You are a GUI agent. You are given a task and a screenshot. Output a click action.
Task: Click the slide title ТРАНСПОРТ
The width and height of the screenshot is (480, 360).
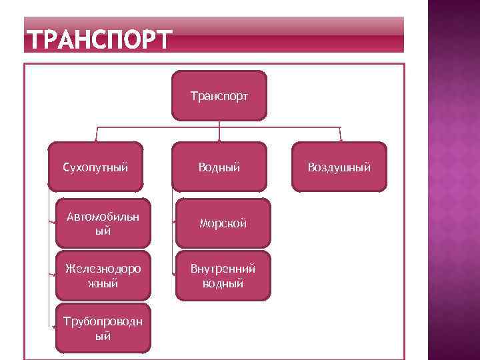tap(99, 40)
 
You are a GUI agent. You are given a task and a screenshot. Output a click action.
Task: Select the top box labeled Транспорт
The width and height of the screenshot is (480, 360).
tap(219, 96)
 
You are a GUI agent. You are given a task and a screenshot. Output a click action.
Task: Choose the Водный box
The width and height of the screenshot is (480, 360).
tap(219, 167)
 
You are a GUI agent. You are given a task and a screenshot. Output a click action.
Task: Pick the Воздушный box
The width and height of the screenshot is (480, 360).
tap(339, 167)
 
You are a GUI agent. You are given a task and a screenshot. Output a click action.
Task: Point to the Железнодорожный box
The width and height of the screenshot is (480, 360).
tap(103, 276)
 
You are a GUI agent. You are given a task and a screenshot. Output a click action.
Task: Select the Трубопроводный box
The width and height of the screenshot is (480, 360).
tap(103, 328)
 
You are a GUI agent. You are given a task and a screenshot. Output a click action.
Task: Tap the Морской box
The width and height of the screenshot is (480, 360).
tap(223, 223)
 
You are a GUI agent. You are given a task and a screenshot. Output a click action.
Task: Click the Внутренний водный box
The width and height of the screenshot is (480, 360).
tap(223, 276)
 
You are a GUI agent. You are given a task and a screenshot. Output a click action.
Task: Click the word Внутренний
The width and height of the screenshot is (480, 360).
tap(223, 269)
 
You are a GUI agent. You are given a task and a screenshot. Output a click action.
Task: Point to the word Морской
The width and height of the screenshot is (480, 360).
tap(223, 224)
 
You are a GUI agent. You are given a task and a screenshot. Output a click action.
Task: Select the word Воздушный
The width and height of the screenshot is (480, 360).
tap(339, 167)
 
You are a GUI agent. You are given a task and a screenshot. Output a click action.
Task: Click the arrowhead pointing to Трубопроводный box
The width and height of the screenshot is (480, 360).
tap(55, 327)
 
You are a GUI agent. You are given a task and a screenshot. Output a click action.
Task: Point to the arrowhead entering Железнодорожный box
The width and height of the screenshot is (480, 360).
tap(55, 276)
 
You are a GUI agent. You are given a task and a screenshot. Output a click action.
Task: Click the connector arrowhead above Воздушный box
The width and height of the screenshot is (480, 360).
tap(341, 139)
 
